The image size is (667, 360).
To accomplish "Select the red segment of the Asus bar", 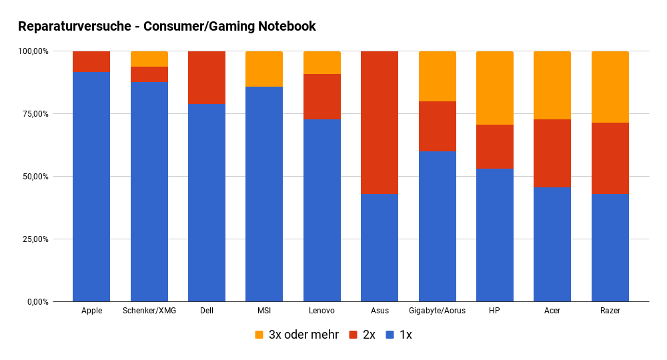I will coord(380,123).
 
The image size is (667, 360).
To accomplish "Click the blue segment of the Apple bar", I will coord(91,187).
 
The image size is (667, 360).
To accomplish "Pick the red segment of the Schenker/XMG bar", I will coord(149,75).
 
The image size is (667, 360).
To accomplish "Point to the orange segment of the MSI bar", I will coord(264,69).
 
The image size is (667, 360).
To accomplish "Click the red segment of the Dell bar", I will coord(207,77).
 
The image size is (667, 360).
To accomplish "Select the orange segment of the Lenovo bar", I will coord(322,63).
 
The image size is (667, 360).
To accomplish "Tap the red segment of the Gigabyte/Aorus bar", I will coord(437,127).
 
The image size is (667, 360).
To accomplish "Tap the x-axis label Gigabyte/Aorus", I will coord(437,311).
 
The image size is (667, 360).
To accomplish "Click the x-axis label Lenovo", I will coord(322,311).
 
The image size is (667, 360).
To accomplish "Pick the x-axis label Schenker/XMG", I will coord(149,311).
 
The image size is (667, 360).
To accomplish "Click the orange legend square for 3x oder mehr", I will coord(259,335).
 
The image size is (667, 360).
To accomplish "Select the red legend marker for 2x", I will coord(353,335).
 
